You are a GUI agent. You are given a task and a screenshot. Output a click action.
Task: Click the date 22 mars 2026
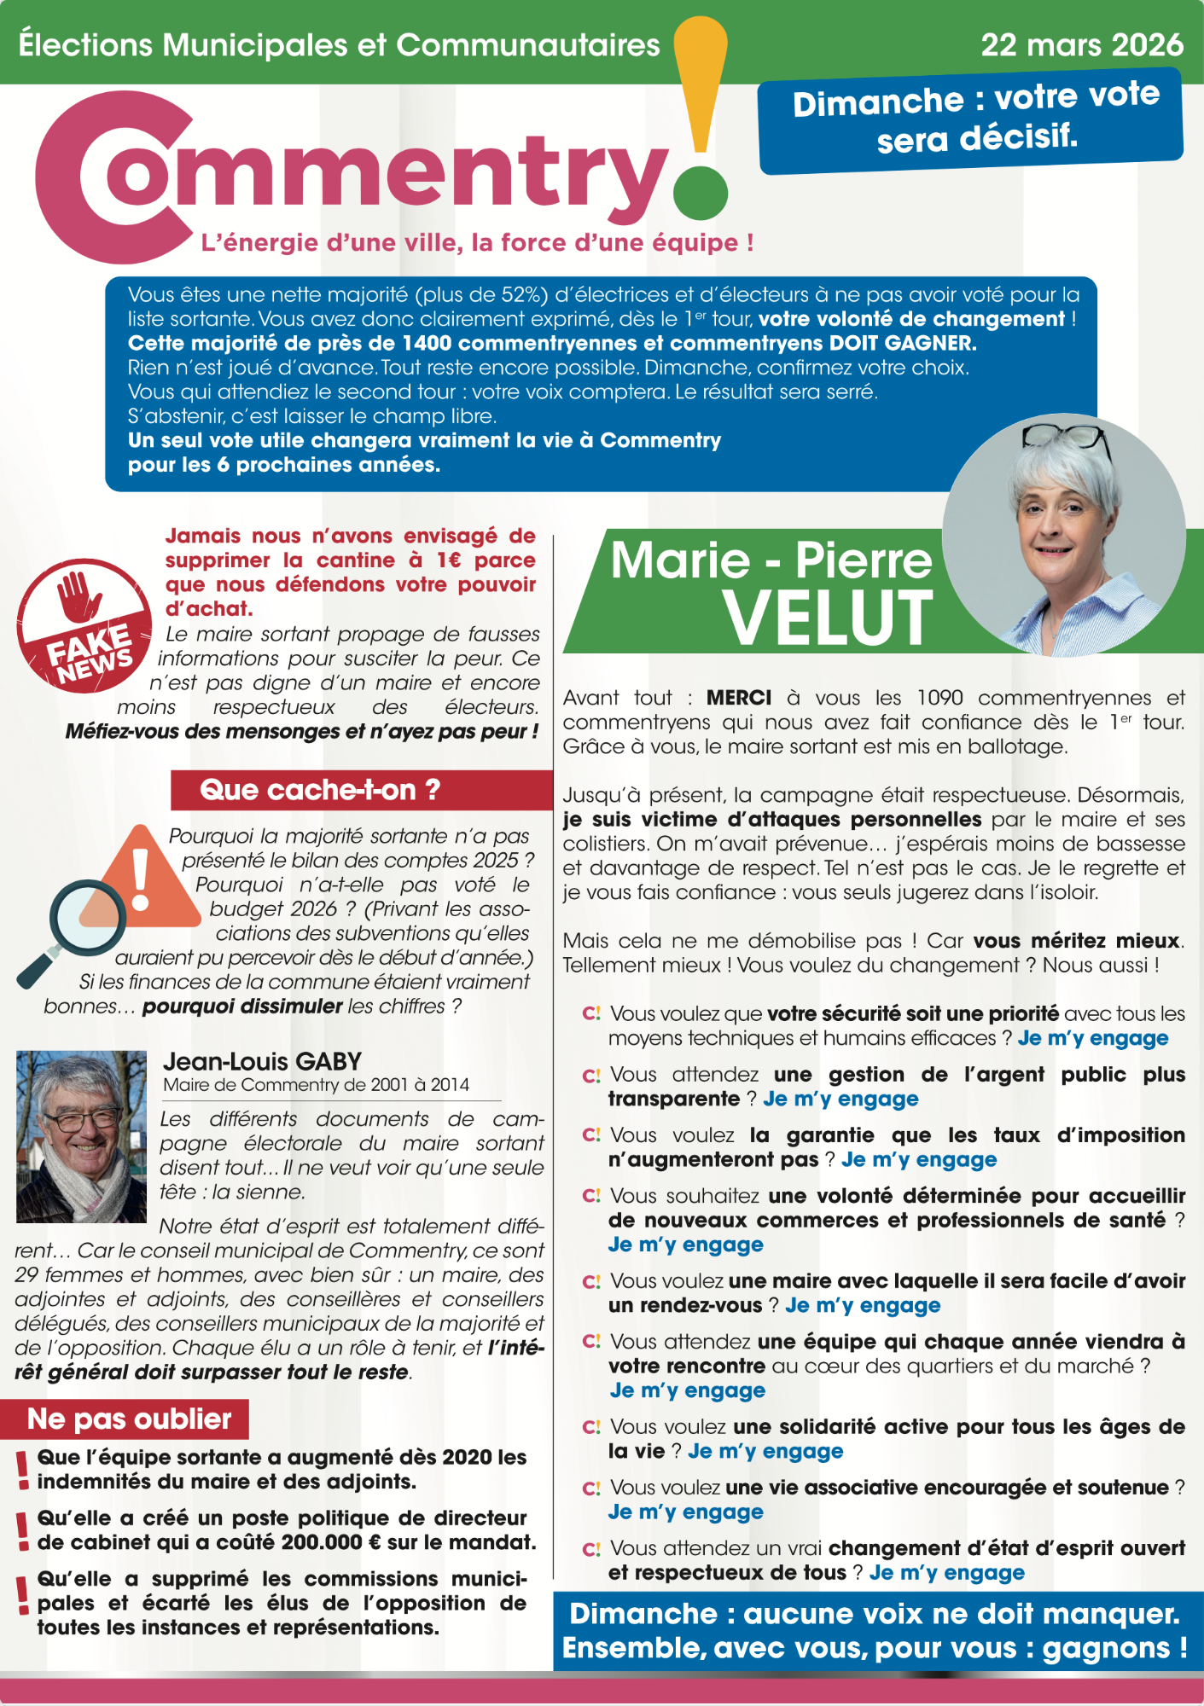tap(1081, 44)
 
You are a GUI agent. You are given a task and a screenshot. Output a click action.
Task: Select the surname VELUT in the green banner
tap(828, 618)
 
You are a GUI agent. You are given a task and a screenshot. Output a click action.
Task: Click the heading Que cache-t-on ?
tap(320, 790)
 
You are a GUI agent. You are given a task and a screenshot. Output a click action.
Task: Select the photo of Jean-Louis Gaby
tap(81, 1136)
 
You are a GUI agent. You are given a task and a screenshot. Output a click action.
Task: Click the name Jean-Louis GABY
tap(262, 1061)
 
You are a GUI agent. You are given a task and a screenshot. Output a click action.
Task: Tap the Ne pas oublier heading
tap(129, 1419)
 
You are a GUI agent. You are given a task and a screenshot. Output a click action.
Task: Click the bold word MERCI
tap(739, 698)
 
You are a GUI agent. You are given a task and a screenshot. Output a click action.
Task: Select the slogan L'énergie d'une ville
tap(476, 243)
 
